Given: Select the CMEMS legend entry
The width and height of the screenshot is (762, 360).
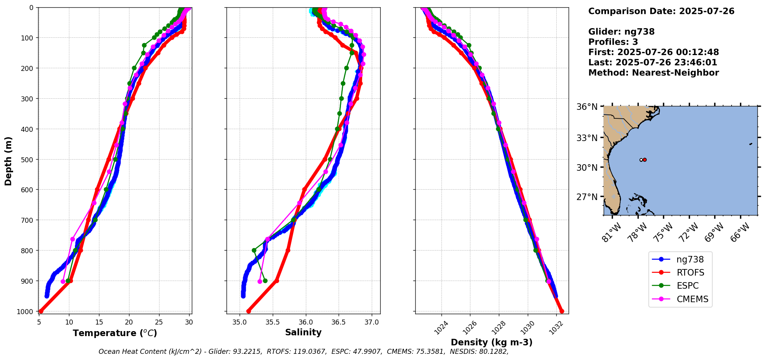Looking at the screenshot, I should pos(692,299).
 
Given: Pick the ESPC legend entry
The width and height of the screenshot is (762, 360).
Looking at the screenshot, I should pos(687,286).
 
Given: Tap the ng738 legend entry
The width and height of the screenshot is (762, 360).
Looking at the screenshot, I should pos(690,260).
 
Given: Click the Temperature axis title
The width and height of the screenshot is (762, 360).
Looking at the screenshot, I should pos(115,333).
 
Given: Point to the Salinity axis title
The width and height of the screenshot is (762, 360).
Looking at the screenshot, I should pos(303,333).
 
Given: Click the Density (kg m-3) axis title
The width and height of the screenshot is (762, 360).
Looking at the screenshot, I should pos(492,342).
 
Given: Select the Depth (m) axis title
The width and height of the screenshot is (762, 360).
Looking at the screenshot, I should pos(8,161).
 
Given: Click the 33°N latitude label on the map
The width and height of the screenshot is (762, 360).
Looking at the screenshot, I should pos(587,138).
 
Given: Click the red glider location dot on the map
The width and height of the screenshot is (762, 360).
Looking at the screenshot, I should pos(645,160).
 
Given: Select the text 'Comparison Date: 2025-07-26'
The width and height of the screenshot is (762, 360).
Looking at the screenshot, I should pos(661,11).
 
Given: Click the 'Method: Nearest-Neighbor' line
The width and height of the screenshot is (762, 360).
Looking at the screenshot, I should pos(653,73).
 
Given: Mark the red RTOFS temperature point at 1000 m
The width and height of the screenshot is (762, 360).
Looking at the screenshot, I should pos(41,311).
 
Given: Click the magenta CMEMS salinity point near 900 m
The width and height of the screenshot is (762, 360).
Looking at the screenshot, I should pos(260,281).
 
